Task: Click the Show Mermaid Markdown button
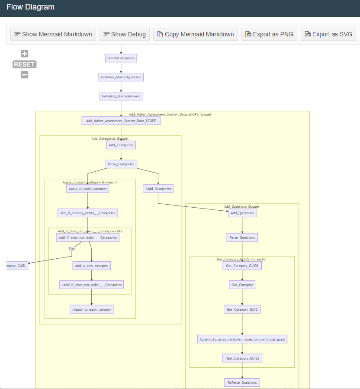[x=53, y=34]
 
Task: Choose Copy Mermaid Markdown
[x=195, y=34]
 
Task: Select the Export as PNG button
[x=269, y=34]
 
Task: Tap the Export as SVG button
[x=328, y=34]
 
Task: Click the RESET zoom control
[x=24, y=64]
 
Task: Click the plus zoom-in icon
[x=25, y=54]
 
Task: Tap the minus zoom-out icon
[x=25, y=74]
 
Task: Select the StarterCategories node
[x=121, y=58]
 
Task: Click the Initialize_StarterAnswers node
[x=121, y=96]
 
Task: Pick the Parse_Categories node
[x=121, y=164]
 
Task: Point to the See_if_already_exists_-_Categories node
[x=88, y=213]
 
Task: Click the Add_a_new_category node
[x=91, y=266]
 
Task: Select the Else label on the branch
[x=72, y=249]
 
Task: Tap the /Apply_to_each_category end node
[x=91, y=309]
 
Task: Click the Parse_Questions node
[x=242, y=238]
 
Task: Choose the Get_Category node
[x=242, y=285]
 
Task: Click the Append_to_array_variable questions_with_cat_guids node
[x=242, y=339]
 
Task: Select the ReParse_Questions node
[x=242, y=383]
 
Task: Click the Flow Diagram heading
[x=31, y=7]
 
